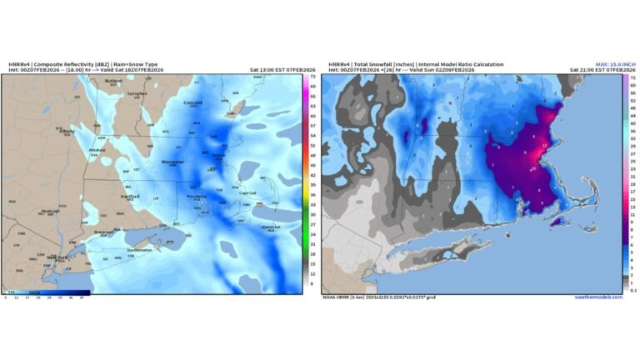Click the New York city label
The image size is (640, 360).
(57, 257)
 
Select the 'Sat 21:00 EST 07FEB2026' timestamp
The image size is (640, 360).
(592, 69)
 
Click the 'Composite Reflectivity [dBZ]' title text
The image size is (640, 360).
(71, 62)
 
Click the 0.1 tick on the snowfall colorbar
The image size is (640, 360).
(633, 290)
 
